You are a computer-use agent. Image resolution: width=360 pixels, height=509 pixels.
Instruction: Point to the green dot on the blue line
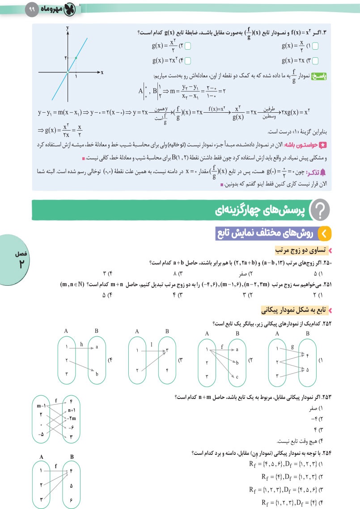(76, 58)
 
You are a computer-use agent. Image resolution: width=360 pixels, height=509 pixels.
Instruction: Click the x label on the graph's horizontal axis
(102, 72)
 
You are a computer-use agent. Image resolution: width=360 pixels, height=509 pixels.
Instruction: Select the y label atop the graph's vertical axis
(68, 28)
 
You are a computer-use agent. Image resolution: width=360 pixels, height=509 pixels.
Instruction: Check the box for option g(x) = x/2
(315, 46)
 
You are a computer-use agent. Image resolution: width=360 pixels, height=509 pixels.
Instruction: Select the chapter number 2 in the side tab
(21, 263)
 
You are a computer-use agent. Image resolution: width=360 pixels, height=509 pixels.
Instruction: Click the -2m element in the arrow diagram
(72, 418)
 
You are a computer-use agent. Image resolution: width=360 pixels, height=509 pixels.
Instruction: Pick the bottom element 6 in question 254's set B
(72, 497)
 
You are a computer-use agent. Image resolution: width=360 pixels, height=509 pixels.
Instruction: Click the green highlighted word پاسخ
(332, 76)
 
